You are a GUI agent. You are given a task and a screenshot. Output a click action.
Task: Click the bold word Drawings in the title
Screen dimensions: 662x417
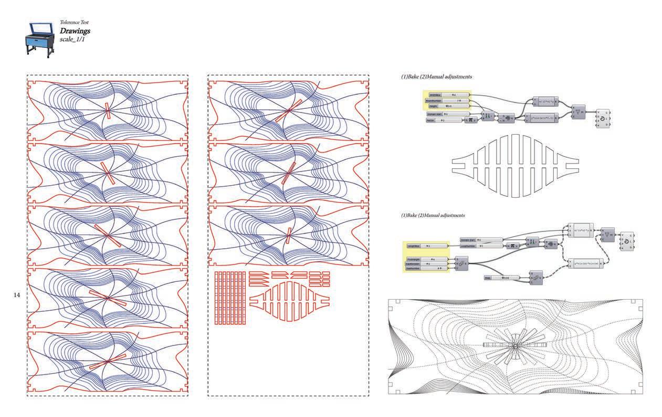(75, 32)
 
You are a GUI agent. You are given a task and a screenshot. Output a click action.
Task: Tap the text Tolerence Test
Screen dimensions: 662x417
(74, 23)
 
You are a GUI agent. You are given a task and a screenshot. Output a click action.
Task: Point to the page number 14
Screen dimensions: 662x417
(16, 296)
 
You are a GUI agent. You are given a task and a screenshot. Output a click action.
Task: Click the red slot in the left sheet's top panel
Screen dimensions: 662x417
(107, 110)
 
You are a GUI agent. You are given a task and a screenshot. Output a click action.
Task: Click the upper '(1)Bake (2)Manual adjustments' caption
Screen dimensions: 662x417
(436, 77)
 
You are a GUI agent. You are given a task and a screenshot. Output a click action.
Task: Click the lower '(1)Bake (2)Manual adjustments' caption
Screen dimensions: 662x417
(433, 216)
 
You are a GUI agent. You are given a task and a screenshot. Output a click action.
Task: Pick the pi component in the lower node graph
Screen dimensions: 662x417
(512, 246)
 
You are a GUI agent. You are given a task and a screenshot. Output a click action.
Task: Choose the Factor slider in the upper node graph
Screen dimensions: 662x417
(444, 120)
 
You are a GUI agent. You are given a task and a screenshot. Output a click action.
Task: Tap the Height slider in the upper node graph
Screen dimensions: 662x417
(447, 106)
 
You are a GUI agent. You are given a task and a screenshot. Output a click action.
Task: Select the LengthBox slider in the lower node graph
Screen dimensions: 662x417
(426, 246)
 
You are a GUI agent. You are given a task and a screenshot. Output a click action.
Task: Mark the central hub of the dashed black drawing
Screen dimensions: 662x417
(515, 345)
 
